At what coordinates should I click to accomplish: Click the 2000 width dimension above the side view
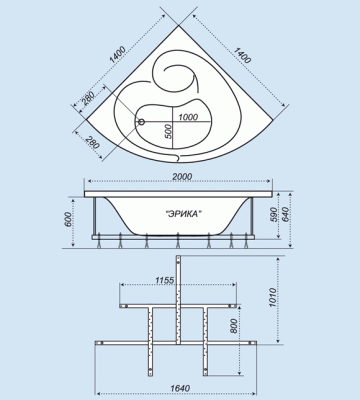180,176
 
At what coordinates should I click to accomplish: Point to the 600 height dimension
69,222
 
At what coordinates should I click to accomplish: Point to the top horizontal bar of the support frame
179,301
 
